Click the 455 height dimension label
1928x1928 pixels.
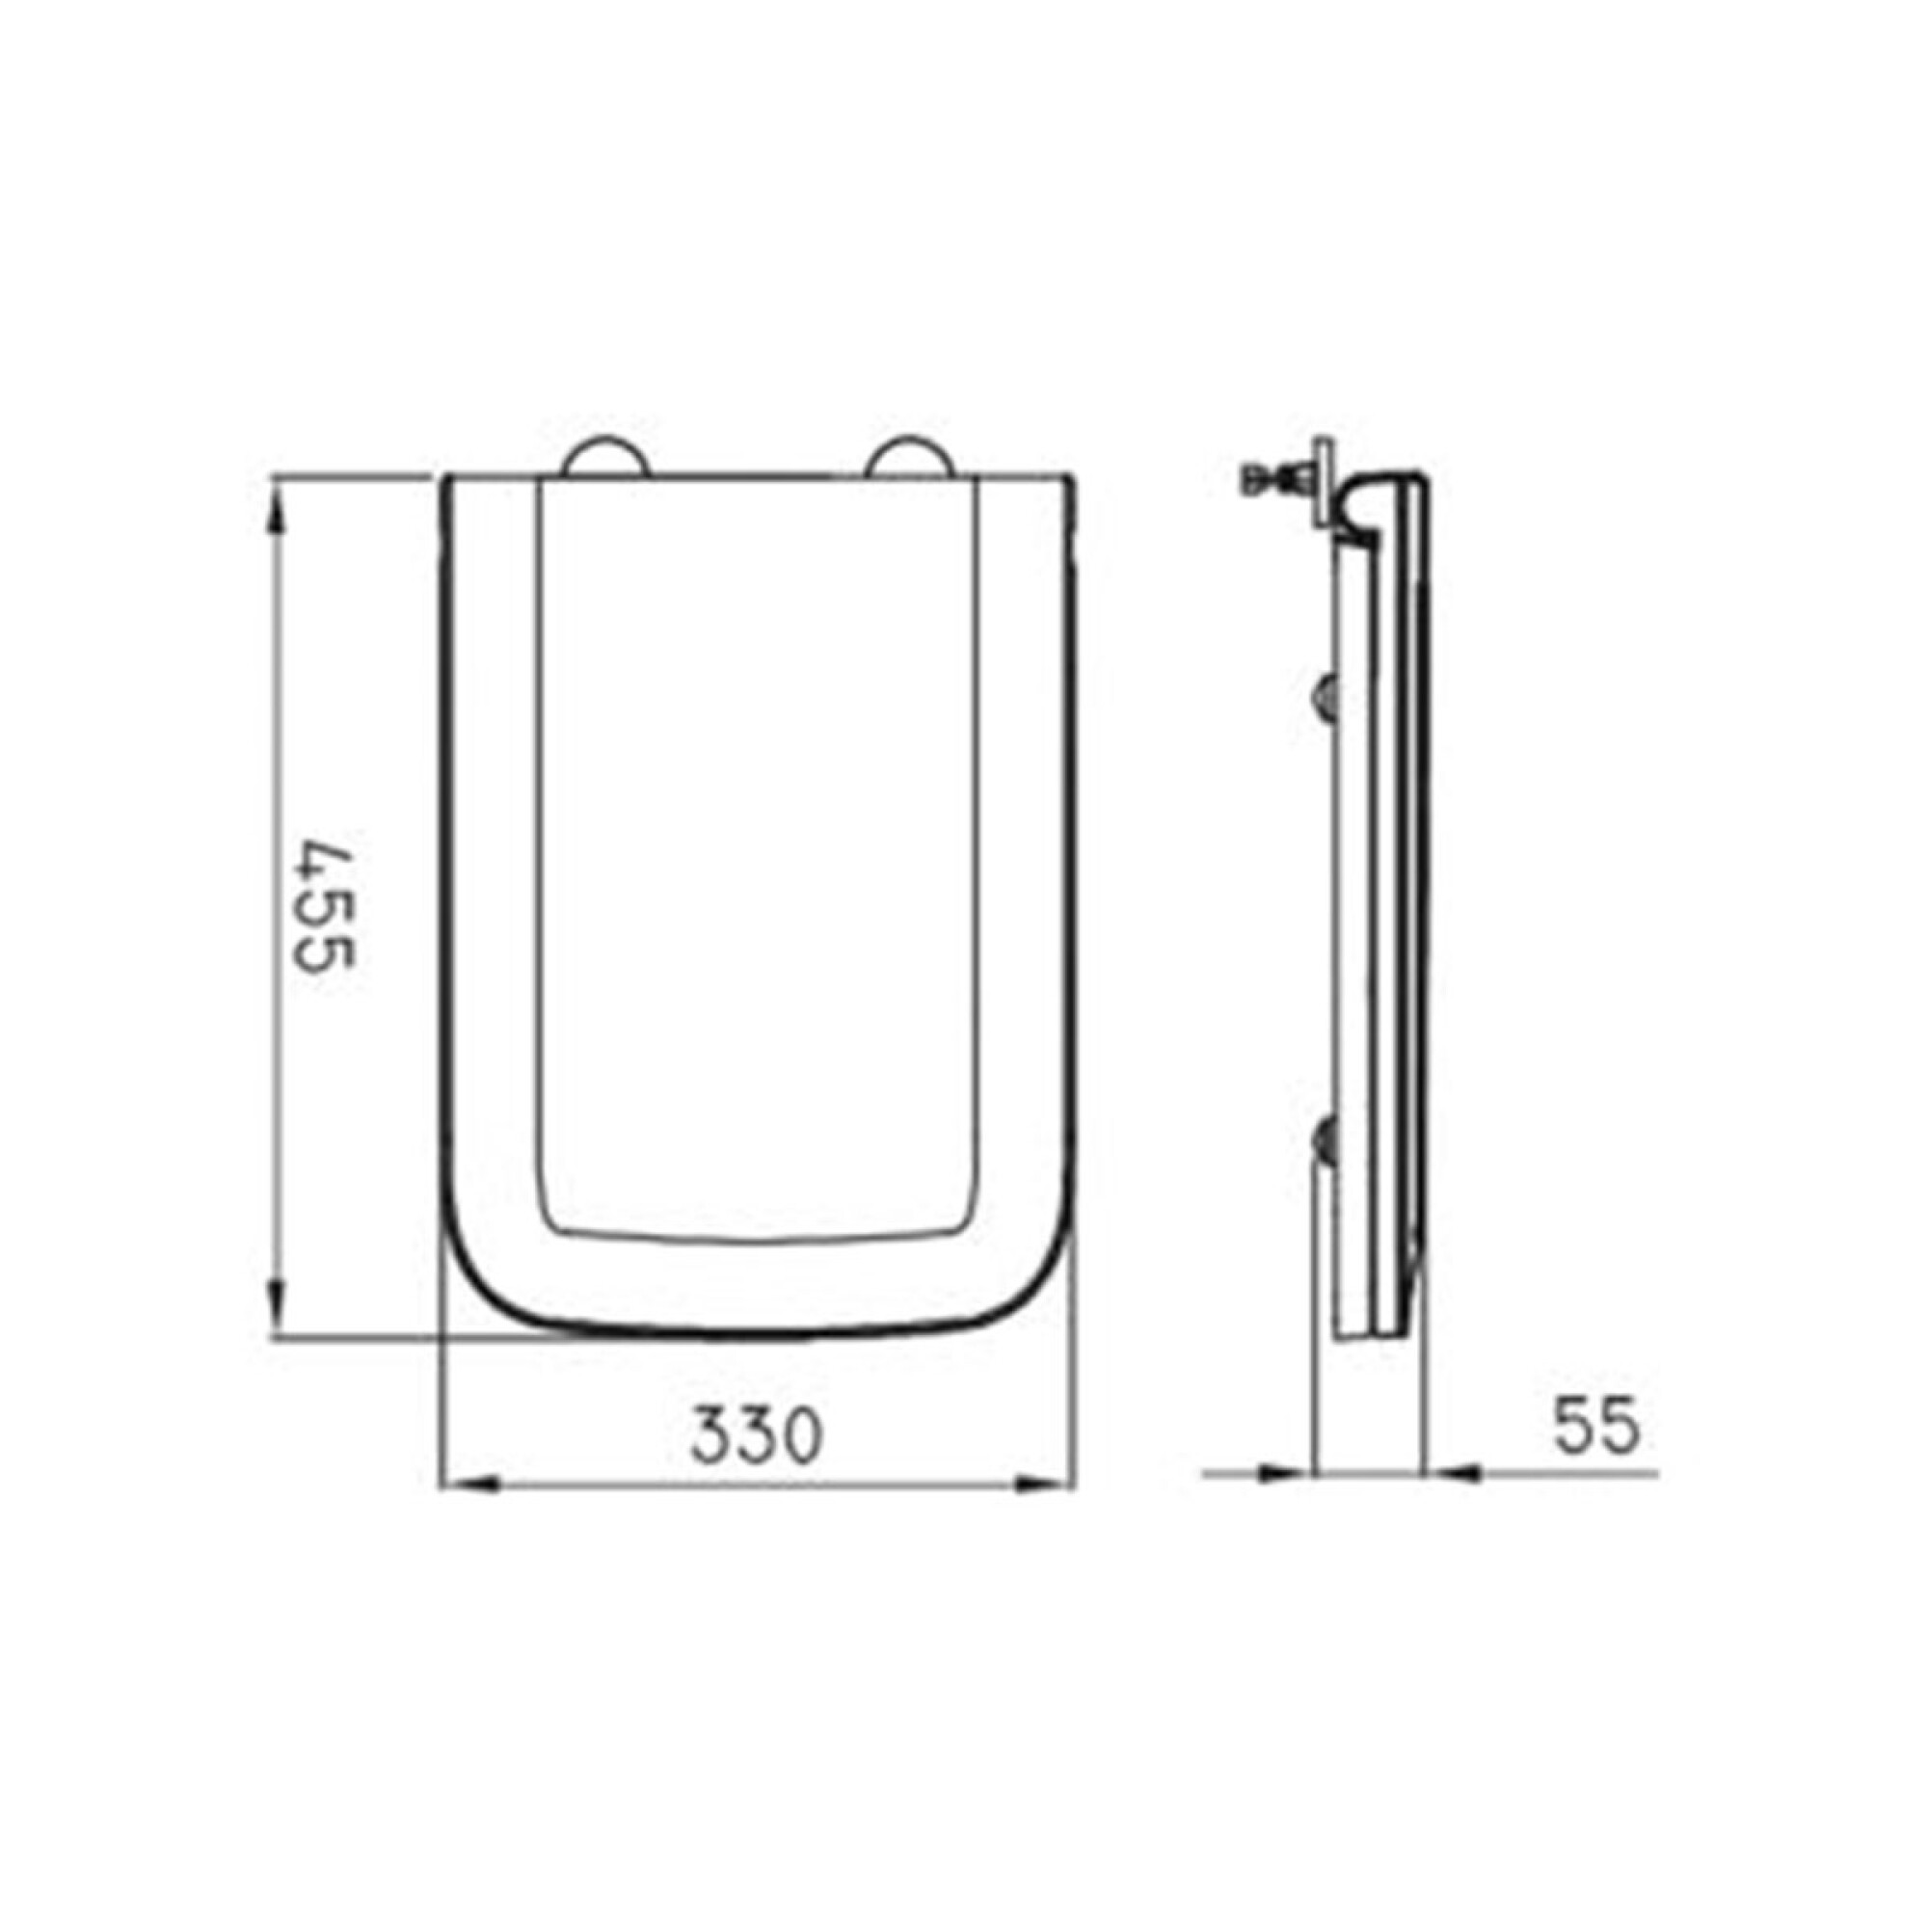click(x=325, y=908)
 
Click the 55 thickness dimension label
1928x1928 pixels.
click(x=1595, y=1424)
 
